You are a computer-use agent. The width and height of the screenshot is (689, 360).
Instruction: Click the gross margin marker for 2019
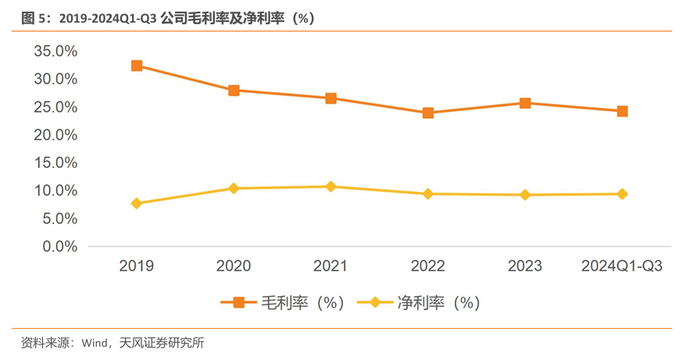(137, 66)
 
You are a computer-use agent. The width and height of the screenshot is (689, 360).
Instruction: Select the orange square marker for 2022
(428, 112)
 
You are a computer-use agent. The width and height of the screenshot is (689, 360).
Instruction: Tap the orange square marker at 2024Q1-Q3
(622, 111)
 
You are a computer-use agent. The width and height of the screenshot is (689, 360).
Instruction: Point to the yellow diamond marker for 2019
(137, 203)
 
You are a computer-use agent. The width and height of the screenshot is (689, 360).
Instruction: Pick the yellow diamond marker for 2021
(330, 187)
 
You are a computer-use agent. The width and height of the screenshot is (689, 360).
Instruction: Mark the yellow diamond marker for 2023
(525, 194)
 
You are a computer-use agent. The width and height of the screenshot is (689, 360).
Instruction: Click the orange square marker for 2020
(234, 90)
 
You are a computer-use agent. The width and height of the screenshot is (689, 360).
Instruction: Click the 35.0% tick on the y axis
(55, 51)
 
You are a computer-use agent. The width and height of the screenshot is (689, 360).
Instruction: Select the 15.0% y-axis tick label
(55, 162)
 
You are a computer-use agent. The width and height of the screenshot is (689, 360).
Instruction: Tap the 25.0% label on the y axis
(55, 107)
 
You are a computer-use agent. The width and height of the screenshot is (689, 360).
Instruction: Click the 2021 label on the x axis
(330, 266)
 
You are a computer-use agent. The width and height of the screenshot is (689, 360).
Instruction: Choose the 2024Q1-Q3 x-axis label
(622, 266)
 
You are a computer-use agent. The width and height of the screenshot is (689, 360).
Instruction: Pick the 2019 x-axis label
(137, 266)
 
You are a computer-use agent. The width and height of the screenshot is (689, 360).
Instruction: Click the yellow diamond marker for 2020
(234, 188)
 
